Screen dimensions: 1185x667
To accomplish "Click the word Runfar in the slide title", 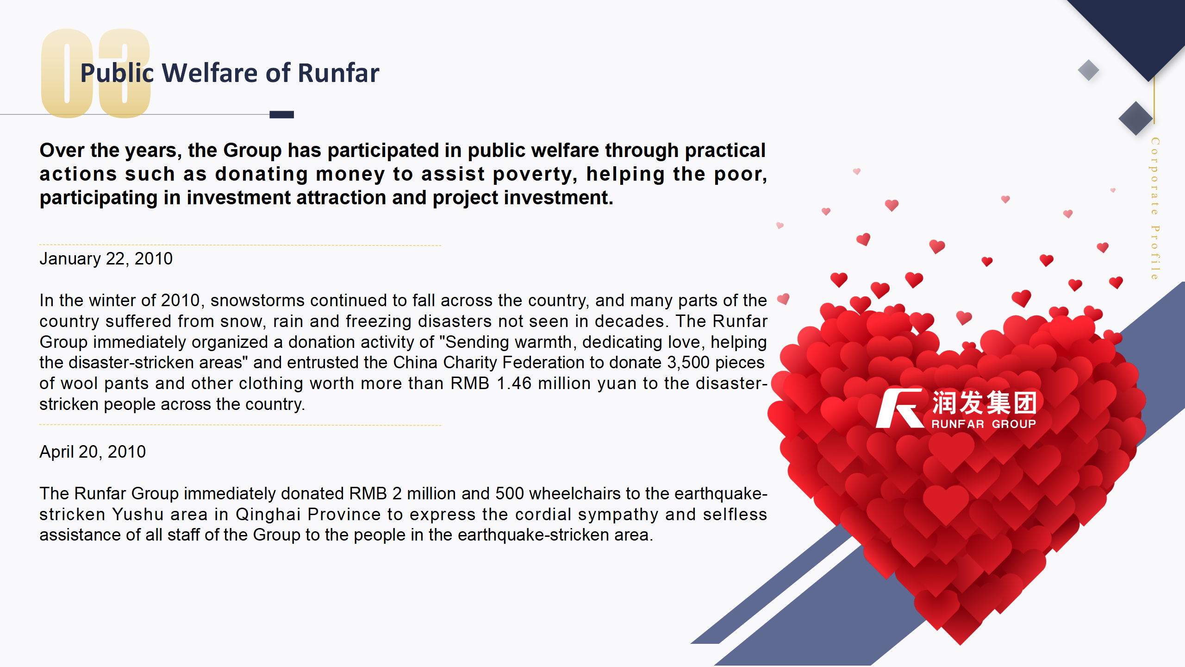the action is [x=338, y=73].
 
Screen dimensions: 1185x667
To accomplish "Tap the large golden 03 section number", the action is [x=96, y=73].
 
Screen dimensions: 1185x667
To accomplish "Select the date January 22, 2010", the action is [x=106, y=258].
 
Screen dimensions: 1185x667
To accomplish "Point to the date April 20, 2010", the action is [x=93, y=452].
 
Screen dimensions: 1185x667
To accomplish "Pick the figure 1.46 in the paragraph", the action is [x=514, y=384].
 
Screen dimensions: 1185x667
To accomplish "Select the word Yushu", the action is [x=138, y=515].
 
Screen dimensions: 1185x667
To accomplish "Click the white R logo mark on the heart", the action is [x=900, y=408].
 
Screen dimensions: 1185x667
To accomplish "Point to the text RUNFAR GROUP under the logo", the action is [x=984, y=424].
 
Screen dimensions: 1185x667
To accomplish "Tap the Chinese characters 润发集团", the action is [x=984, y=403].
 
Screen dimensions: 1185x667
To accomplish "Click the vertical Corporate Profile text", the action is [x=1155, y=208].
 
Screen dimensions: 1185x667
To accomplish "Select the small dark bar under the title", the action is [x=281, y=114].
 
